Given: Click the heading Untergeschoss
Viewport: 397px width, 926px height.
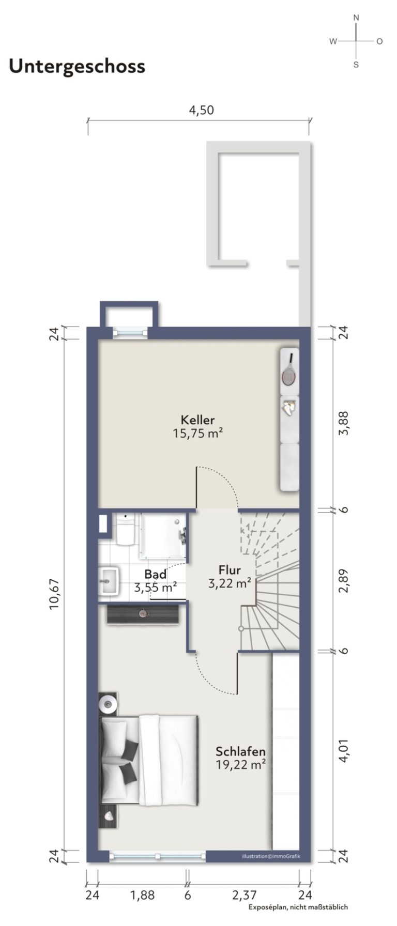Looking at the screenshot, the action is (77, 67).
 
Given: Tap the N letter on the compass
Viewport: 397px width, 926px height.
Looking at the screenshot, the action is (356, 18).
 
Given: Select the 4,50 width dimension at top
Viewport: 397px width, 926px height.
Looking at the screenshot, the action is (201, 110).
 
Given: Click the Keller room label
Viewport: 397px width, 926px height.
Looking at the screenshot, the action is (197, 420).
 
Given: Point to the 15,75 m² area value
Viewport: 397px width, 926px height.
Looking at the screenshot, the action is (197, 433).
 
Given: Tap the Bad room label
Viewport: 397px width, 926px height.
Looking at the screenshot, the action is (155, 574).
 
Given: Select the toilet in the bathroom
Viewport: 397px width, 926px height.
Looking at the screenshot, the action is (125, 529).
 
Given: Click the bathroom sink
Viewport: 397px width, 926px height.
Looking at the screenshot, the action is (109, 581).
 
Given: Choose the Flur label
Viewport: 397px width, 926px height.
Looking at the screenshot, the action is (230, 570).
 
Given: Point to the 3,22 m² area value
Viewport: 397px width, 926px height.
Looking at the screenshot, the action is (230, 583).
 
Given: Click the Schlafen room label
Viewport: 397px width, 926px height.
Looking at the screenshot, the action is (241, 751).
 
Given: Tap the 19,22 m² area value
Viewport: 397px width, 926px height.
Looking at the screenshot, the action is (241, 765).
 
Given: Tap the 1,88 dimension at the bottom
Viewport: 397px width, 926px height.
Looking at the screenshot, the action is (142, 895).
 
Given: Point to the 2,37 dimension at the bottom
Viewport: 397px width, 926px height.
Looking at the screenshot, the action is (243, 895).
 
